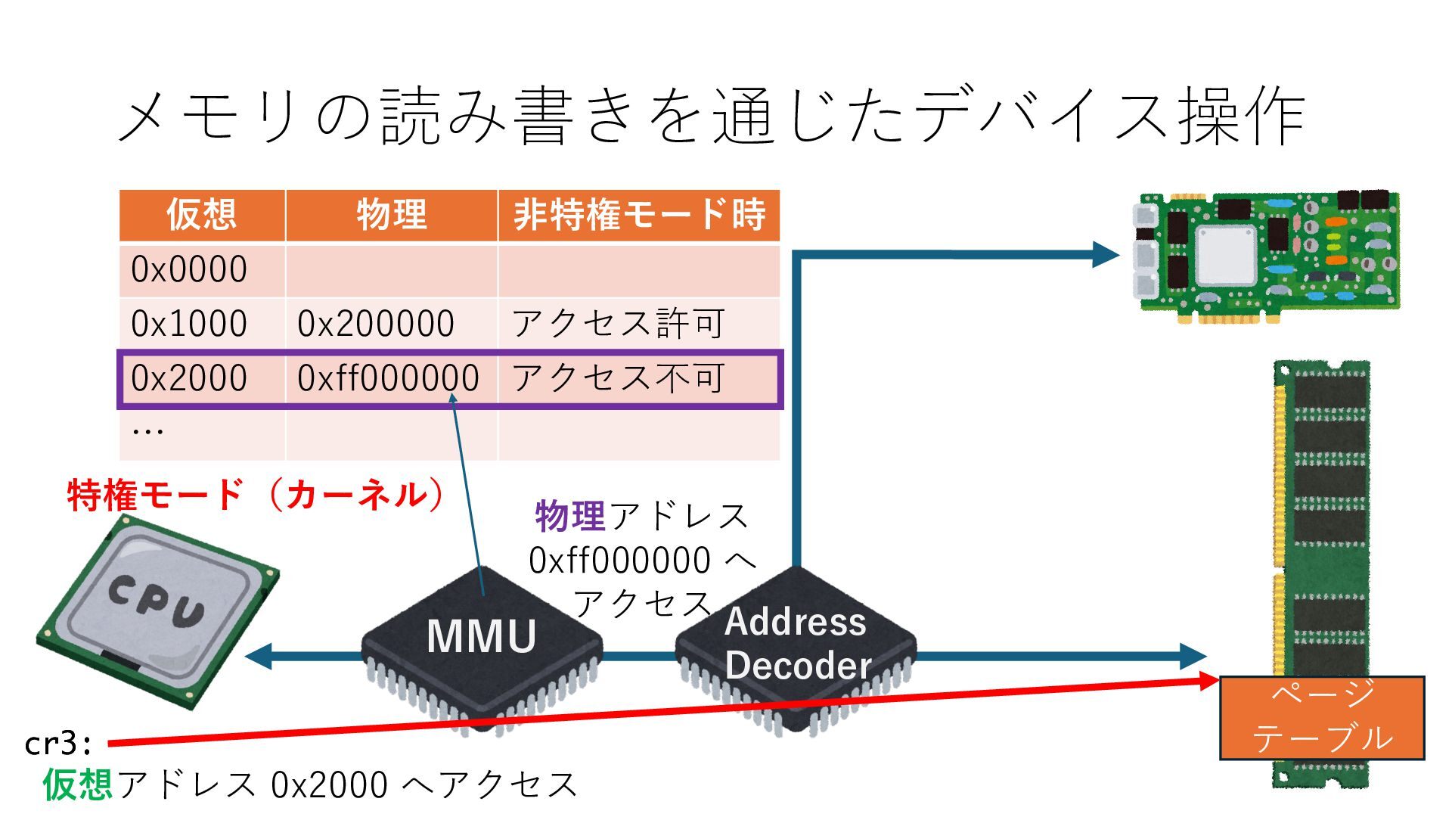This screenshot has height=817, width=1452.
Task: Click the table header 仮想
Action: tap(201, 215)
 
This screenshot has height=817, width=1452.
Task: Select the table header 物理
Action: tap(391, 215)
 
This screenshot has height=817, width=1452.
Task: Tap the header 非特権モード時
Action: tap(639, 215)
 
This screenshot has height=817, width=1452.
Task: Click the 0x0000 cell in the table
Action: tap(189, 269)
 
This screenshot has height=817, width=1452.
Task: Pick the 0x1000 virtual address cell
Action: tap(189, 324)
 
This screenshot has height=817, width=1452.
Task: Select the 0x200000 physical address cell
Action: tap(376, 324)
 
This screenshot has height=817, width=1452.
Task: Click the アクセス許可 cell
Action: tap(619, 324)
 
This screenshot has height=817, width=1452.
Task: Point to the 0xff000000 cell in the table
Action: tap(388, 378)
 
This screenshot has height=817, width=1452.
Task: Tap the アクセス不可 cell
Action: tap(619, 378)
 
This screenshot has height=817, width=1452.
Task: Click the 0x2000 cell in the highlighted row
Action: tap(189, 378)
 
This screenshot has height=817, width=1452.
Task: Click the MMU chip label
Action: tap(482, 636)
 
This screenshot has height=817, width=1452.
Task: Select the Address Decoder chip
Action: tap(796, 644)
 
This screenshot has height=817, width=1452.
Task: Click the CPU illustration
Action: tap(158, 610)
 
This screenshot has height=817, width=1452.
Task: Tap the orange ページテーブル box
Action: tap(1322, 717)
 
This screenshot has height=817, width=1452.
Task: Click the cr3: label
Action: tap(58, 744)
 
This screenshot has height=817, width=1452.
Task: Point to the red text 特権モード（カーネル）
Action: tap(256, 495)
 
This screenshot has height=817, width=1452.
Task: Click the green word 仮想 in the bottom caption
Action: tap(78, 784)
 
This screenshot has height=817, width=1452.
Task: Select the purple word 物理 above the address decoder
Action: tap(569, 517)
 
